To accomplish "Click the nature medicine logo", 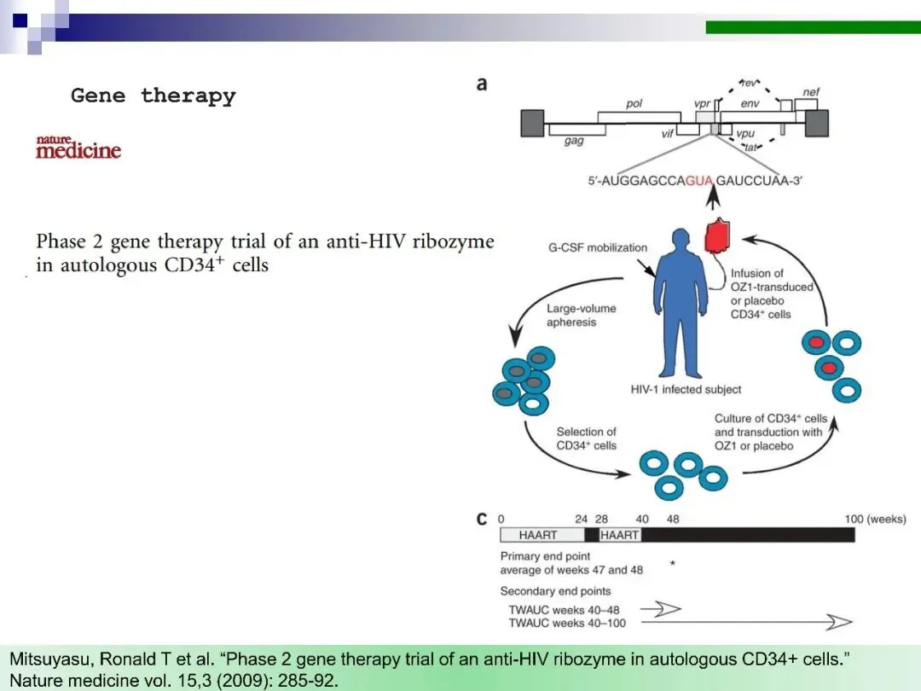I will pyautogui.click(x=78, y=148).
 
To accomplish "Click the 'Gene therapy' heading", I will pyautogui.click(x=153, y=96).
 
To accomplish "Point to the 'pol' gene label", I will pyautogui.click(x=634, y=103).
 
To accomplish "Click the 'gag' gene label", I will pyautogui.click(x=574, y=142).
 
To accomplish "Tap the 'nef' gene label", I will pyautogui.click(x=811, y=92).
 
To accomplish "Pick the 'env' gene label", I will pyautogui.click(x=750, y=103).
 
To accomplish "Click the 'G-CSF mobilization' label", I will pyautogui.click(x=598, y=247).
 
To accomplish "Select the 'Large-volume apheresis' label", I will pyautogui.click(x=581, y=316).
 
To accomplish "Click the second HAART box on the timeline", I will pyautogui.click(x=619, y=535).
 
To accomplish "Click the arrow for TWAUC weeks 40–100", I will pyautogui.click(x=746, y=623).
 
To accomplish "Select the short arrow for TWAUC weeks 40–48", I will pyautogui.click(x=661, y=608).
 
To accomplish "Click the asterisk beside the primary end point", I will pyautogui.click(x=673, y=564).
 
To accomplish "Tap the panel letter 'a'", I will pyautogui.click(x=483, y=84).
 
